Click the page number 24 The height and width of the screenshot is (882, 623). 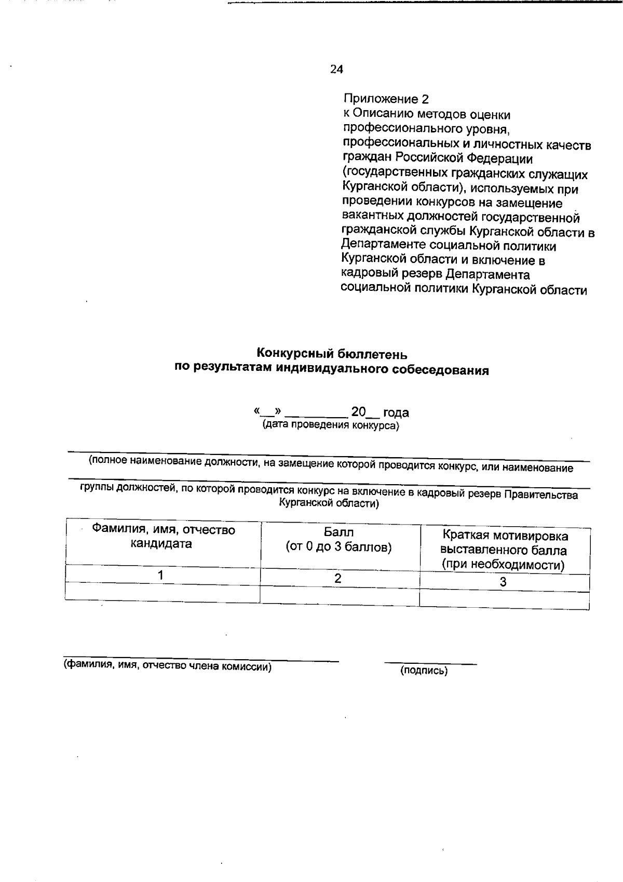[x=336, y=69]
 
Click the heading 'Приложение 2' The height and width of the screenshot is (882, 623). [x=386, y=99]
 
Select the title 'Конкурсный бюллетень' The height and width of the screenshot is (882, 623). [x=332, y=354]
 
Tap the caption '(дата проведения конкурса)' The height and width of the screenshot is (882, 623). [x=331, y=426]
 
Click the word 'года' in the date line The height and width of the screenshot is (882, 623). [x=396, y=413]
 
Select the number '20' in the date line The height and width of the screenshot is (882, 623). [x=359, y=412]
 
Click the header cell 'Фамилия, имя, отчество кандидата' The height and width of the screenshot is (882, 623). [x=163, y=537]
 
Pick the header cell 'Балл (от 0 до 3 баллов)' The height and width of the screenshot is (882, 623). [x=338, y=540]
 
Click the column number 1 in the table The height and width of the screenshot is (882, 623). [x=161, y=575]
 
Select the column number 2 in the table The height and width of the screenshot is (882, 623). [x=338, y=578]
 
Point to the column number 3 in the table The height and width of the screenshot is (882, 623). [x=503, y=582]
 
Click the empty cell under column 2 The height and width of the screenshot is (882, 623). [x=340, y=595]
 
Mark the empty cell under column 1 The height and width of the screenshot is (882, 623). [x=162, y=593]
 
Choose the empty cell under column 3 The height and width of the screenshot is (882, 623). [x=504, y=599]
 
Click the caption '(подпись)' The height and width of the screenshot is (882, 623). [x=424, y=671]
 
